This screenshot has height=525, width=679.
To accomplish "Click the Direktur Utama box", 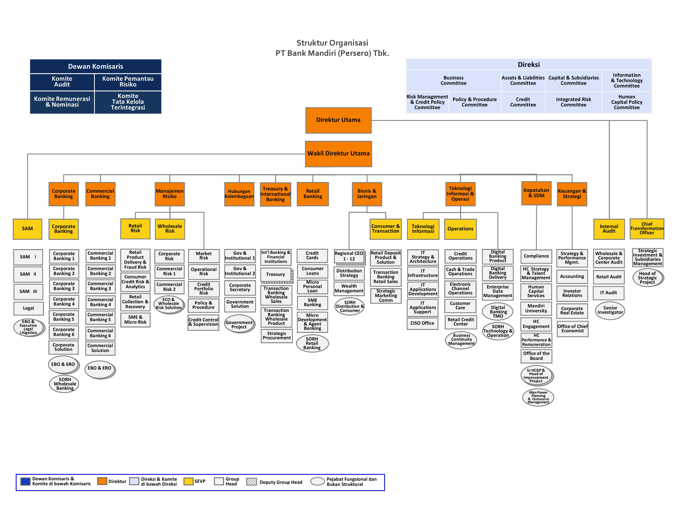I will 338,120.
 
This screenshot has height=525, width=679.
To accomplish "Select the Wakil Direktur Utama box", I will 338,154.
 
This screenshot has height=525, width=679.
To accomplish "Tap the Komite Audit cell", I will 62,82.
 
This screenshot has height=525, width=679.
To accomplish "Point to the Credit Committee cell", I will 523,102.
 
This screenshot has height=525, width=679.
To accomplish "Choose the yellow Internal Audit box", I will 609,229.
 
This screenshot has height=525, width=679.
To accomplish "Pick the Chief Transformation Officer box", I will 647,229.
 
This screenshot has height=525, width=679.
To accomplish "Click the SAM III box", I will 28,291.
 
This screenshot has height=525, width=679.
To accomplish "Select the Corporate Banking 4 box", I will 64,301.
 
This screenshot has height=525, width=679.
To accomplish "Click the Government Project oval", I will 239,324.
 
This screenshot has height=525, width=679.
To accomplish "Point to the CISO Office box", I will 422,323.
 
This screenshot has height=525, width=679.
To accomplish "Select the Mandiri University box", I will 536,308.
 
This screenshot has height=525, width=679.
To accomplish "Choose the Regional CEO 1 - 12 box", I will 349,256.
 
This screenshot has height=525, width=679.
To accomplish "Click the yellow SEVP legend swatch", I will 188,481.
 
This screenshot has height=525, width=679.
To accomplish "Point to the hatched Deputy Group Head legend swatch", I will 251,482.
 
